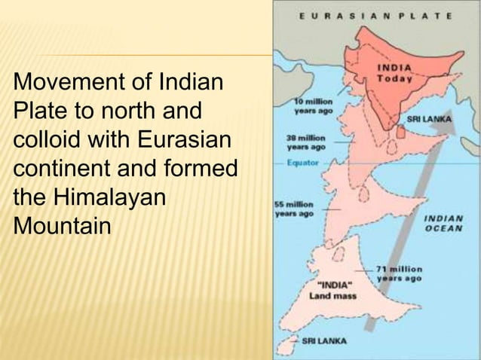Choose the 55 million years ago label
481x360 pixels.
pos(294,209)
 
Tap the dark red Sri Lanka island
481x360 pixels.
pos(400,133)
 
